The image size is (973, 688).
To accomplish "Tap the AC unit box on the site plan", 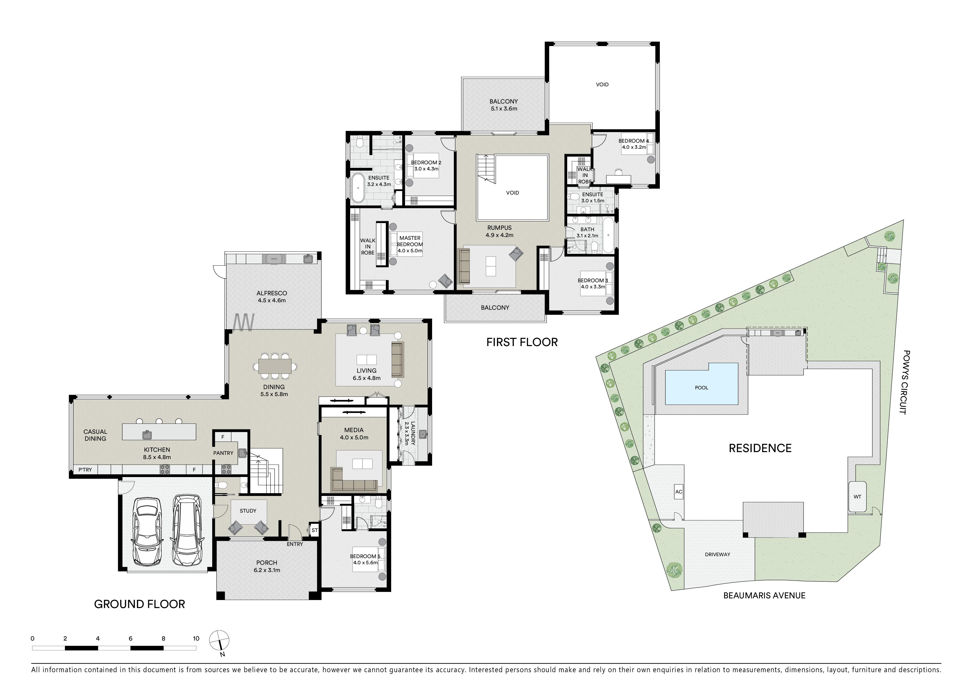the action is pyautogui.click(x=678, y=492).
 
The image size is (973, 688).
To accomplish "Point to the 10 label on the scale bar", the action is pyautogui.click(x=196, y=638).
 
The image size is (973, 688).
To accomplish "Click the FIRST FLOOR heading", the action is pyautogui.click(x=522, y=342).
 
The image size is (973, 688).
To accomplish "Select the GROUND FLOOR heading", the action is pyautogui.click(x=140, y=604).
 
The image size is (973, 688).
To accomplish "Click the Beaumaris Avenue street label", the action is pyautogui.click(x=764, y=595).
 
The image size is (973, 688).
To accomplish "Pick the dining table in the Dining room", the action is pyautogui.click(x=275, y=366).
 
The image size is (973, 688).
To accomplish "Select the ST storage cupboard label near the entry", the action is pyautogui.click(x=315, y=530).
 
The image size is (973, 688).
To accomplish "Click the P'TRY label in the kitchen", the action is pyautogui.click(x=85, y=470).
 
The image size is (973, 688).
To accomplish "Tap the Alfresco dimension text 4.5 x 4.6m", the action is pyautogui.click(x=272, y=301).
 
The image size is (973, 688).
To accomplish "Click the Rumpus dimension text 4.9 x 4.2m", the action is pyautogui.click(x=499, y=235).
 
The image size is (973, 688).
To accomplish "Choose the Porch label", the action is pyautogui.click(x=267, y=563).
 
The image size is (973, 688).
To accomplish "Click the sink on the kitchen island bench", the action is pyautogui.click(x=147, y=435).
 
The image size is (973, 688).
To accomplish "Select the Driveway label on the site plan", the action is pyautogui.click(x=718, y=554).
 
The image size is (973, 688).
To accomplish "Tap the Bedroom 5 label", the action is pyautogui.click(x=365, y=556).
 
